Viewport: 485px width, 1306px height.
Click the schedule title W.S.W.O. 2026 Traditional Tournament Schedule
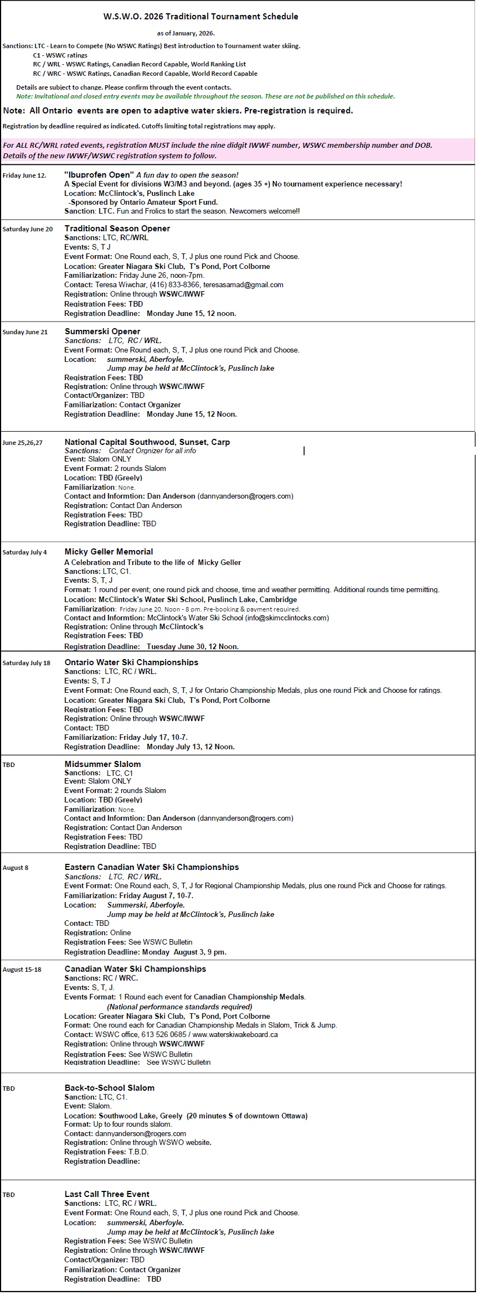point(200,17)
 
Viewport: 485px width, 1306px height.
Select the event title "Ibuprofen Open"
point(99,175)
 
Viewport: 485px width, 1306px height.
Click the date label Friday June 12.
point(24,175)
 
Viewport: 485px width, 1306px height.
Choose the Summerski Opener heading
point(102,331)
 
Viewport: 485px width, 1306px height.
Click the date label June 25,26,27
point(22,443)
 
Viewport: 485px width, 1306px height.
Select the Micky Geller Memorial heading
point(109,552)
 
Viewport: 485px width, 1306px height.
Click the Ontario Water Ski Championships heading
point(131,662)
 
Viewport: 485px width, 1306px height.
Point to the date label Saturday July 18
point(26,663)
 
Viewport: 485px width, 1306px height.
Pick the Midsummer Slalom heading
point(102,764)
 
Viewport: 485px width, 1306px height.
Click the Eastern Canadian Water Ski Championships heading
point(152,867)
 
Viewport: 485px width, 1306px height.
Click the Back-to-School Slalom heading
point(110,1088)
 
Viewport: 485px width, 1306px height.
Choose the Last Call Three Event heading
point(107,1194)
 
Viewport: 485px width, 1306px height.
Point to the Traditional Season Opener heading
point(117,229)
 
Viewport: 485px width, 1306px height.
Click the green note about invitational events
point(205,96)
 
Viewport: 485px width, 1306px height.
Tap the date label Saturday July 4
point(24,552)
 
